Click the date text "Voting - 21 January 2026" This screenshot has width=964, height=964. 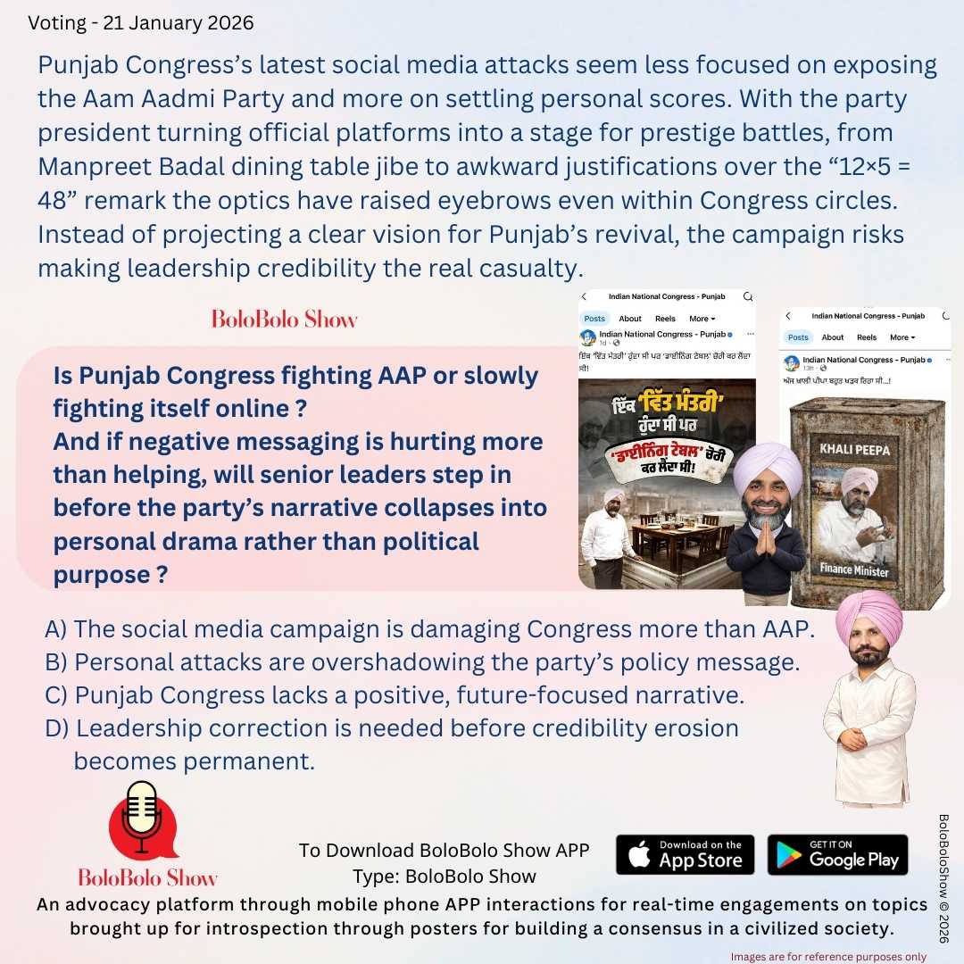(x=141, y=23)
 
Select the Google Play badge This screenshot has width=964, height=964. (x=837, y=854)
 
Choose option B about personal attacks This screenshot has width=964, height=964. (x=422, y=663)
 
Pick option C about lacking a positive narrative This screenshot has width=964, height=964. (x=395, y=694)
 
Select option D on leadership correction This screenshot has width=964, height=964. (x=393, y=728)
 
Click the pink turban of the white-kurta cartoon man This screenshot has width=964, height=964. (x=869, y=615)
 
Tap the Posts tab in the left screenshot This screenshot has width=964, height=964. (x=594, y=319)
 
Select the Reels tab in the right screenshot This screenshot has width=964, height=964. (x=866, y=337)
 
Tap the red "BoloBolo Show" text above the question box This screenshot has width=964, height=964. (x=284, y=319)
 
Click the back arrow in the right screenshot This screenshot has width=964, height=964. (x=787, y=316)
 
